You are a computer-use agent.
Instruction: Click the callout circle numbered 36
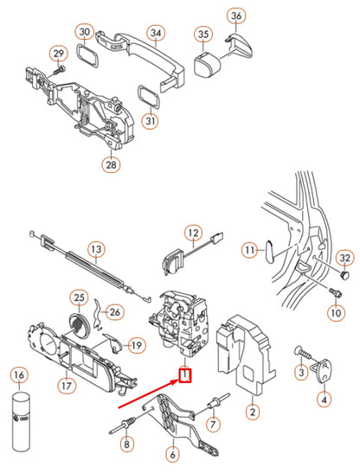pyautogui.click(x=236, y=16)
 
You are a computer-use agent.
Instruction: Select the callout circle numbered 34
pyautogui.click(x=156, y=34)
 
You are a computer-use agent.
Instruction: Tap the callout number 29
pyautogui.click(x=59, y=54)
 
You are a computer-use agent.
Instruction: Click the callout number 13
pyautogui.click(x=95, y=249)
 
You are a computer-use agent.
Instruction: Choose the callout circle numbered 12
pyautogui.click(x=193, y=234)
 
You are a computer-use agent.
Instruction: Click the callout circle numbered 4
pyautogui.click(x=323, y=399)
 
